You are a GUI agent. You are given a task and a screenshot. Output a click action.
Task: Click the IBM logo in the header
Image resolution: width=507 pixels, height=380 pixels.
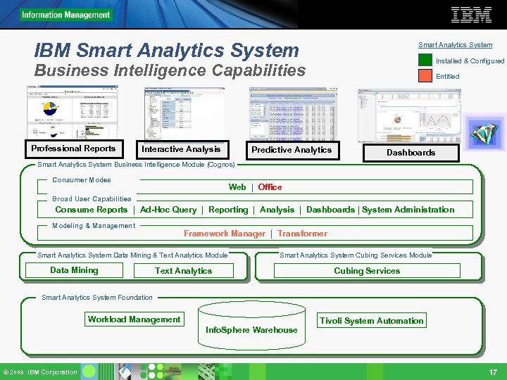[471, 14]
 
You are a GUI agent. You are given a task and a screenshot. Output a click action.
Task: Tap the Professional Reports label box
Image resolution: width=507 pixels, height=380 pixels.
[73, 148]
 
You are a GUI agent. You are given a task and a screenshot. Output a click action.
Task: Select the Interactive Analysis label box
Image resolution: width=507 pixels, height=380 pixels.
[181, 149]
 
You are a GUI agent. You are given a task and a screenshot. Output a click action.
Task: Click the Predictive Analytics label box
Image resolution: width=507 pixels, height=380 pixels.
[292, 150]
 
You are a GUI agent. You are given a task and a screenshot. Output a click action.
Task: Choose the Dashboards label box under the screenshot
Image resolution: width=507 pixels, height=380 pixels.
[411, 152]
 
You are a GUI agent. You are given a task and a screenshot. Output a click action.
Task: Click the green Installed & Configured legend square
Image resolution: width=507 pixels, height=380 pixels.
[425, 61]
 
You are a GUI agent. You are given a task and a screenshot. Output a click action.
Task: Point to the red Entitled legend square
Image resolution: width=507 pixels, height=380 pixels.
[425, 76]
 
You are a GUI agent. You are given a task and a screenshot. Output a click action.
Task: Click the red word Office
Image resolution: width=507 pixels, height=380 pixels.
[270, 187]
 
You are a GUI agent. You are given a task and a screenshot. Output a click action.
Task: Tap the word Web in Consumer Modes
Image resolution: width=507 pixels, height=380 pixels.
[237, 187]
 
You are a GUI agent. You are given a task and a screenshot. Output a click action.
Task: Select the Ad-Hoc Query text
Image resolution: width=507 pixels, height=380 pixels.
[168, 210]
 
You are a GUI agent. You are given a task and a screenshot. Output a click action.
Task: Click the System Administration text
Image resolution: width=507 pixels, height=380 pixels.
[408, 210]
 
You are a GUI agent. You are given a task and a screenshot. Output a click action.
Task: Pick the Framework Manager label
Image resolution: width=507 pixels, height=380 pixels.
[225, 234]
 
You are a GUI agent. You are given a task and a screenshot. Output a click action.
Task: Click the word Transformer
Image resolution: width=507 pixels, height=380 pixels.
[302, 234]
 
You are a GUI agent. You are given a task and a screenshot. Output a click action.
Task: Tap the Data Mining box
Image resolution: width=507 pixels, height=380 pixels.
[74, 270]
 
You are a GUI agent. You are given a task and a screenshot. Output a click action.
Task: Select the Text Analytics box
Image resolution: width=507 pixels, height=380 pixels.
[183, 271]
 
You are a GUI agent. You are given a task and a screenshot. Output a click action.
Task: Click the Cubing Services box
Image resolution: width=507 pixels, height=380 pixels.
[367, 271]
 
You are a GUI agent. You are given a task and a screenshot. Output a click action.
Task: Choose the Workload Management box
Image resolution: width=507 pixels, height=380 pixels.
[134, 319]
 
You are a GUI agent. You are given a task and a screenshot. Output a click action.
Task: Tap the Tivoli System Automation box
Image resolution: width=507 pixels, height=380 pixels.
[372, 321]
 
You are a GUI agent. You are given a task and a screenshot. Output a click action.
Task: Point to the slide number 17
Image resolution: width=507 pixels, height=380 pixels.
[493, 372]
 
